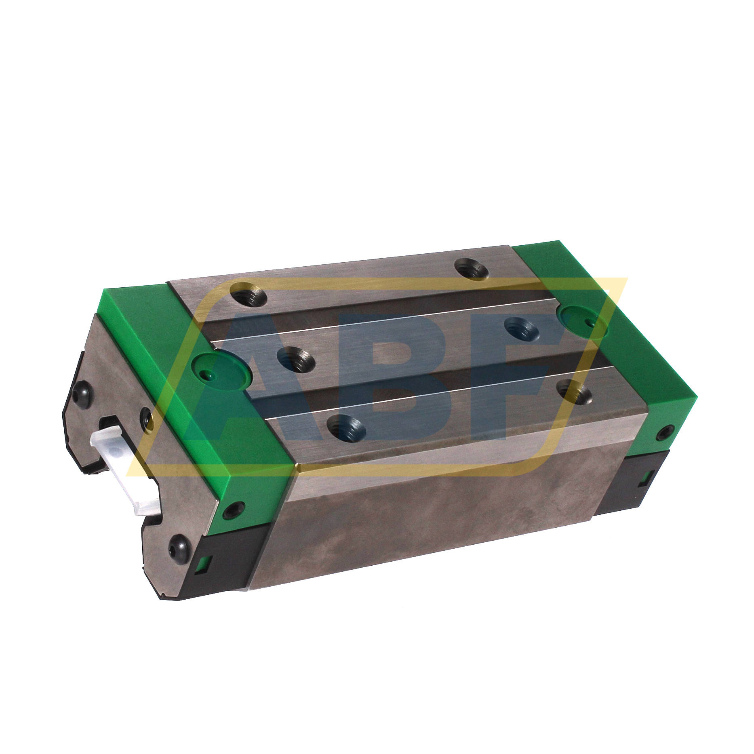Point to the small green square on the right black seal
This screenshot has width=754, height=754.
(644, 478)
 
